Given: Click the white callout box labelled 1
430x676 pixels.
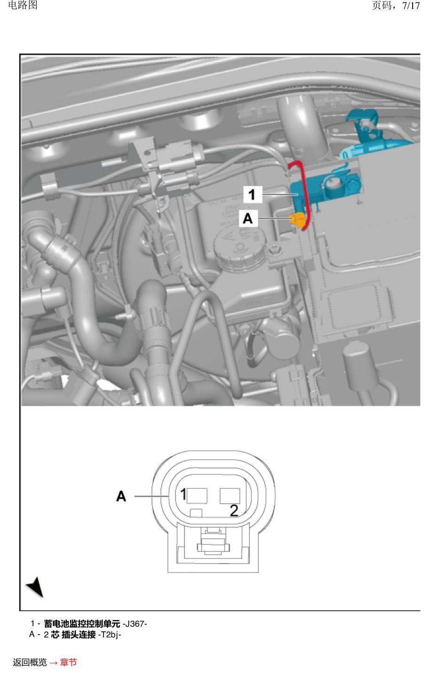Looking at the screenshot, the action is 252,194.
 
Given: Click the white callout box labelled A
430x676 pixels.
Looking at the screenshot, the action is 248,218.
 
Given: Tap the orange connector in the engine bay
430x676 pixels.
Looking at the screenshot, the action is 297,220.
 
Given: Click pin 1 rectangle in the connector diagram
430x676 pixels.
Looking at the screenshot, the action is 197,496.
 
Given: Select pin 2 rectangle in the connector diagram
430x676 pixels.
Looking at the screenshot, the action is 230,496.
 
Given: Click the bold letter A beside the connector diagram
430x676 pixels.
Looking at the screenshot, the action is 121,496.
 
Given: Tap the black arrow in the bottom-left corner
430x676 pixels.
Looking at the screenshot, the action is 36,587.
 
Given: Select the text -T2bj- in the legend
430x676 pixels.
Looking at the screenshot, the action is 109,634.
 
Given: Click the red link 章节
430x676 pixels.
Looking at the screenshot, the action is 69,662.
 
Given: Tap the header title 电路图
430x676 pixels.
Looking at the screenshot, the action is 23,5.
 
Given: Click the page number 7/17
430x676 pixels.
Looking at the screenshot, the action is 411,6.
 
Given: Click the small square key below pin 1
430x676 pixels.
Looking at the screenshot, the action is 196,513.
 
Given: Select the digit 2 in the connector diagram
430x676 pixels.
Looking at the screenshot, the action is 234,511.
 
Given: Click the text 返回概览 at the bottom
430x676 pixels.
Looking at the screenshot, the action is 30,662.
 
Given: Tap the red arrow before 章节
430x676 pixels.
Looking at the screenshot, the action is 54,663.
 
